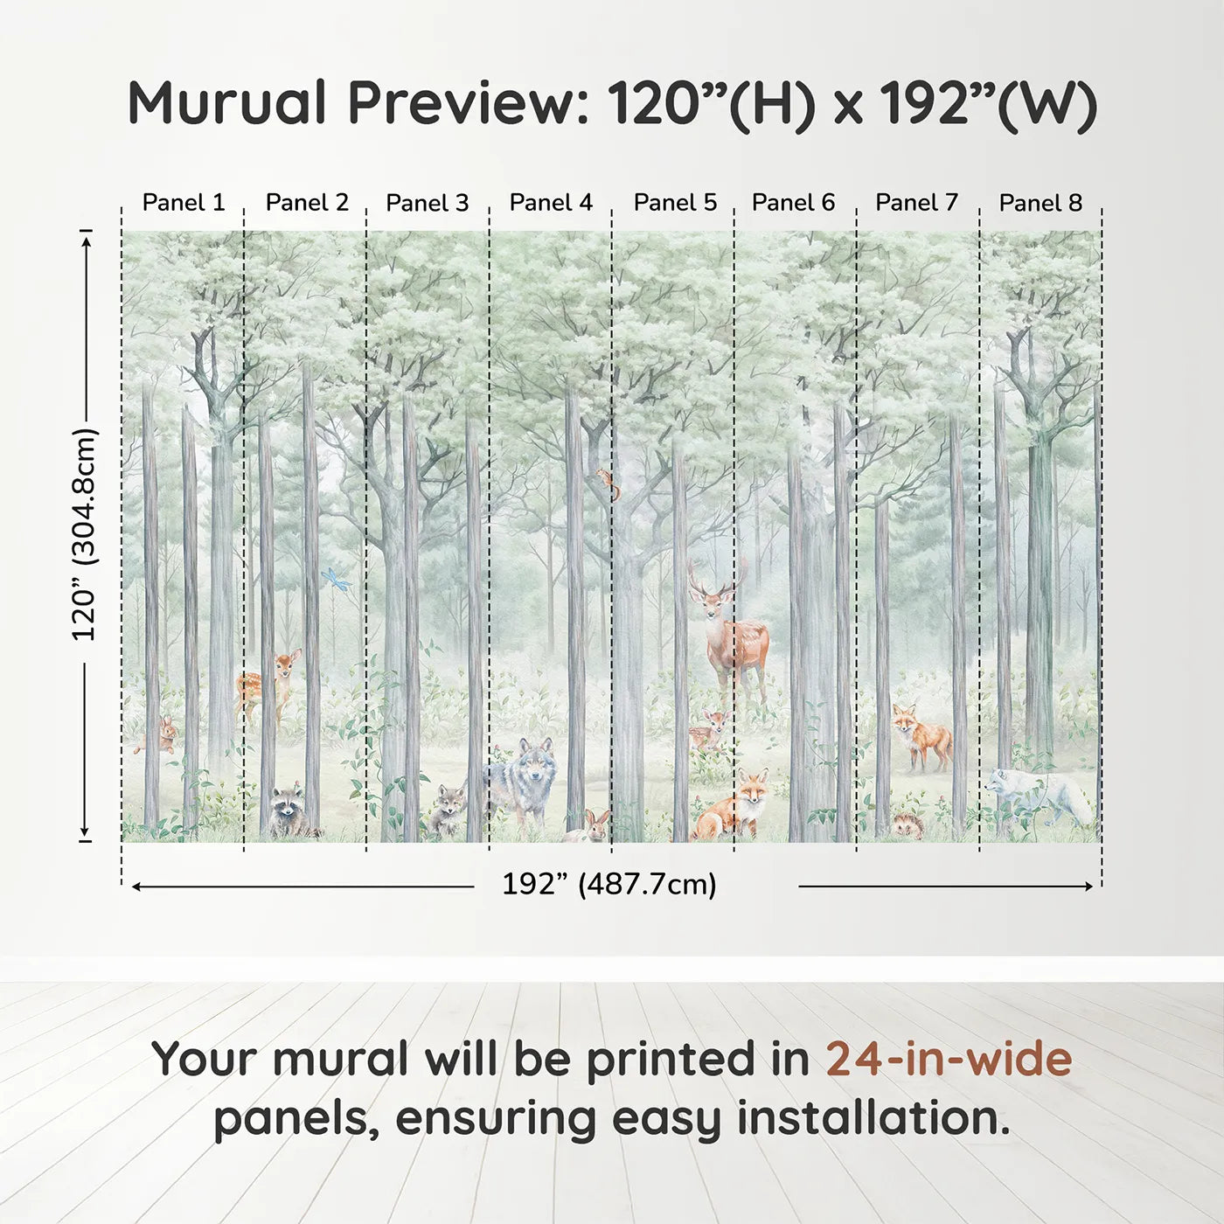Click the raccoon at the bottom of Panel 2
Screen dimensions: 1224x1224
(x=288, y=812)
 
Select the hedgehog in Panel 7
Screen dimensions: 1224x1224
(x=905, y=824)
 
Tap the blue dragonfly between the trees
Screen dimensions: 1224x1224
(x=336, y=579)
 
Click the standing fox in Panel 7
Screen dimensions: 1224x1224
(x=921, y=737)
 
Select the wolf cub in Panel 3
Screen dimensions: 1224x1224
(x=448, y=810)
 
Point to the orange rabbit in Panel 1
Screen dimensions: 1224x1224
(x=163, y=735)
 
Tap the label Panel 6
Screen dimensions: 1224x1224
(x=793, y=203)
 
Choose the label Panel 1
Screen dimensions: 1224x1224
(x=184, y=203)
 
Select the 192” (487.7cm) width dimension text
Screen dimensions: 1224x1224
(x=609, y=885)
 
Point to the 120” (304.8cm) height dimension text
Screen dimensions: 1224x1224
(x=85, y=535)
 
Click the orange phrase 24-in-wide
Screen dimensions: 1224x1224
(x=949, y=1059)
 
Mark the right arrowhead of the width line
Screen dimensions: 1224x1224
(x=1088, y=887)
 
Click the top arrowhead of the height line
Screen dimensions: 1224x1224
(x=86, y=240)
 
